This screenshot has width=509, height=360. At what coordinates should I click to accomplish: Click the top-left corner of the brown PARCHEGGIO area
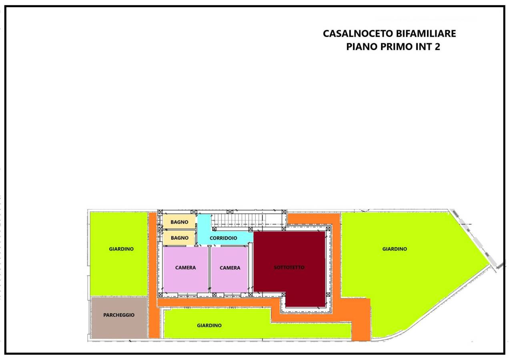91,297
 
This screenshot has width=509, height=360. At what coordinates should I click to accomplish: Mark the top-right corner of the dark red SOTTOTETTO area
325,232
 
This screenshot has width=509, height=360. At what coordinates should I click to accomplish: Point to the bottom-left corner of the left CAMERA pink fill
163,292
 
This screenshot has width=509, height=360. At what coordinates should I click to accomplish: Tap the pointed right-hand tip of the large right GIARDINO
489,264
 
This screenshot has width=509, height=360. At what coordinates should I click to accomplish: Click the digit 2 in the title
437,47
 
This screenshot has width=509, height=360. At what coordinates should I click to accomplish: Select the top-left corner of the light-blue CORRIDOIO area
198,214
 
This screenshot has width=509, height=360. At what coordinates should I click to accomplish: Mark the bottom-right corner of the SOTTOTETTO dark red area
325,307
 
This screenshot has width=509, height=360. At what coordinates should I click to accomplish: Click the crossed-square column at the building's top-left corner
160,212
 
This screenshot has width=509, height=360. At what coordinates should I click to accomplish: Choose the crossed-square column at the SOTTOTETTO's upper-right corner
328,229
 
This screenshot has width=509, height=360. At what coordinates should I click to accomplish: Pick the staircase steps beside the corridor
238,220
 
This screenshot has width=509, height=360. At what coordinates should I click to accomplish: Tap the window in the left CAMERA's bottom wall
187,295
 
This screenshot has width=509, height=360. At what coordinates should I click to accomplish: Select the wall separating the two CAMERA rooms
210,269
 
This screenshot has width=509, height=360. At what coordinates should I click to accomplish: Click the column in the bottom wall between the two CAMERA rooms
214,294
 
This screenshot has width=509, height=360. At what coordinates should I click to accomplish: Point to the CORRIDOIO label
223,238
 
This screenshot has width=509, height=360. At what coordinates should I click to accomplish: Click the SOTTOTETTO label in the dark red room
289,267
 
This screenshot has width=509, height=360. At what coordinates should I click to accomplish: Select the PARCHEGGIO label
119,315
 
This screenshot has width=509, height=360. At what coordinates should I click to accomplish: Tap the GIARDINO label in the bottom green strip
209,326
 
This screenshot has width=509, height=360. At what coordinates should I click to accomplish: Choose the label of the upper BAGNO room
180,222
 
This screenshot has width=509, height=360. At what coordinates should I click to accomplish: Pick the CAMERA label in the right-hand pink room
230,268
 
